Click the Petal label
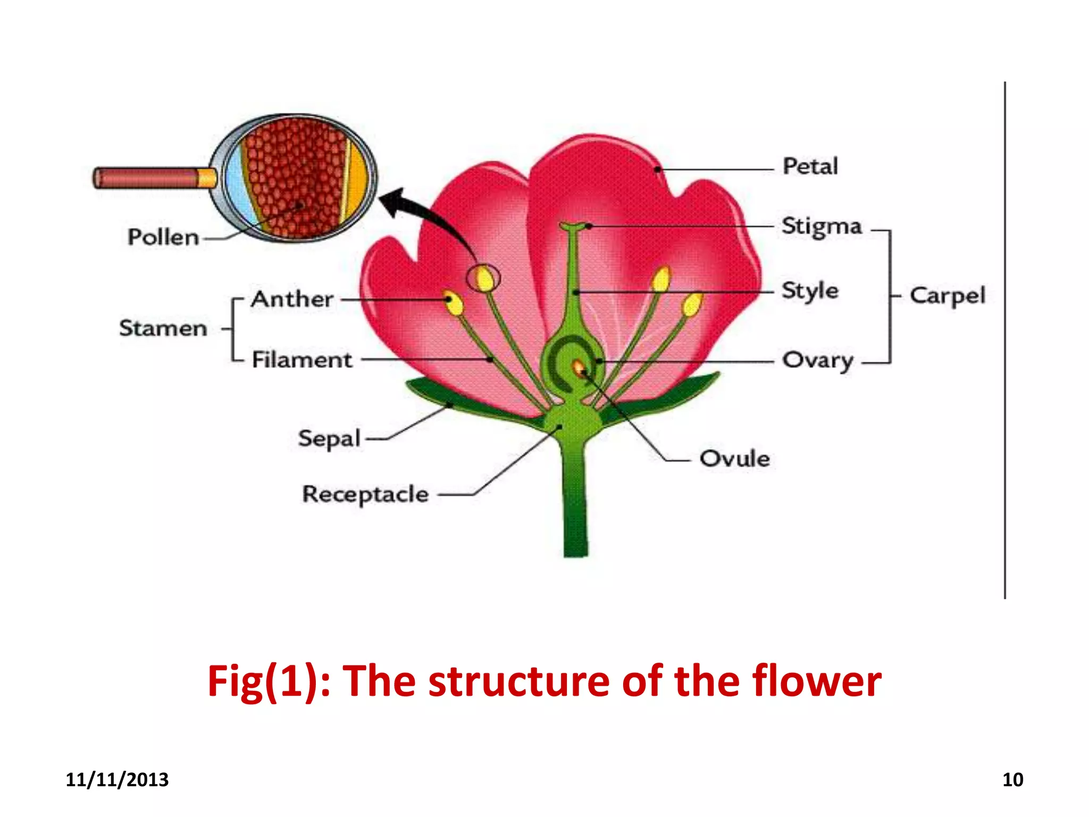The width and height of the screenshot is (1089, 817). (810, 166)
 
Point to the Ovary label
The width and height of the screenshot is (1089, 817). (817, 361)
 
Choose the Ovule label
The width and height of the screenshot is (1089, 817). (734, 458)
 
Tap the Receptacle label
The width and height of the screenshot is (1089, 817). (365, 495)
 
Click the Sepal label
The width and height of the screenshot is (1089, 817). (329, 439)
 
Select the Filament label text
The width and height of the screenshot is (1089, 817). (301, 360)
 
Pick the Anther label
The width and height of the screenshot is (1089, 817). (292, 299)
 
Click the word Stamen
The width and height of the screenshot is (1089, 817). (163, 328)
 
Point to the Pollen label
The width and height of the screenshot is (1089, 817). (163, 237)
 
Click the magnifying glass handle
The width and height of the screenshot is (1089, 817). (154, 178)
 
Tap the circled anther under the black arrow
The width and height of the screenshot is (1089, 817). (484, 278)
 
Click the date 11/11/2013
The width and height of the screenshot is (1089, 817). (117, 780)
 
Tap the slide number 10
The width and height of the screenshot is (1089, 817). (1012, 780)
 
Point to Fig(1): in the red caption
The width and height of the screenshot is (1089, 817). (269, 682)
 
